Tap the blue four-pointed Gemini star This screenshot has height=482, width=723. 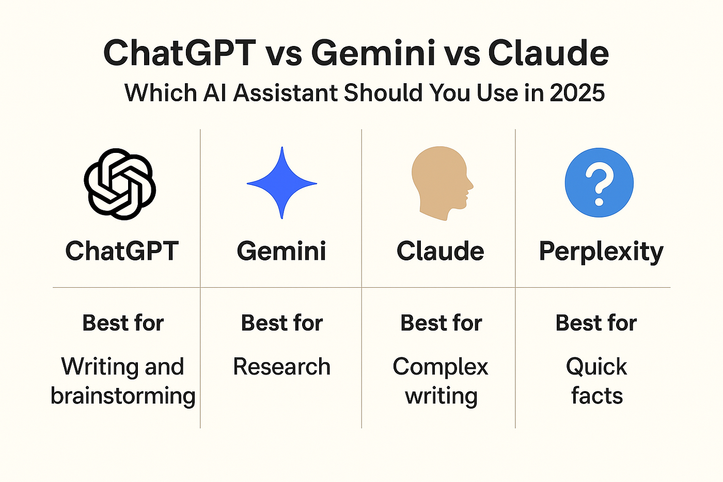(x=282, y=183)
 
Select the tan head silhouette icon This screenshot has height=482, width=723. (x=442, y=183)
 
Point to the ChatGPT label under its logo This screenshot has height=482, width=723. (x=122, y=251)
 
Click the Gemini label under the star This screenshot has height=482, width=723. (x=281, y=251)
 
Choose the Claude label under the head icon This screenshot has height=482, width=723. (x=440, y=251)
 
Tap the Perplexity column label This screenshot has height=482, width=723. (x=601, y=252)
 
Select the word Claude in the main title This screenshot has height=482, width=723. (x=548, y=52)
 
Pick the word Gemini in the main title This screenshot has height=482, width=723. (x=373, y=52)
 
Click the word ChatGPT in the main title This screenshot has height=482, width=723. (x=180, y=52)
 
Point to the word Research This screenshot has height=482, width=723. (x=282, y=367)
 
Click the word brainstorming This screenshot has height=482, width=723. (x=123, y=396)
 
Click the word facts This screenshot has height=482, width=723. (x=597, y=396)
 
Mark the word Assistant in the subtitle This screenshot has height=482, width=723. (x=286, y=92)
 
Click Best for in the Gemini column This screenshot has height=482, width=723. (x=282, y=323)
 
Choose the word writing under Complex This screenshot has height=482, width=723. (x=441, y=396)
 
